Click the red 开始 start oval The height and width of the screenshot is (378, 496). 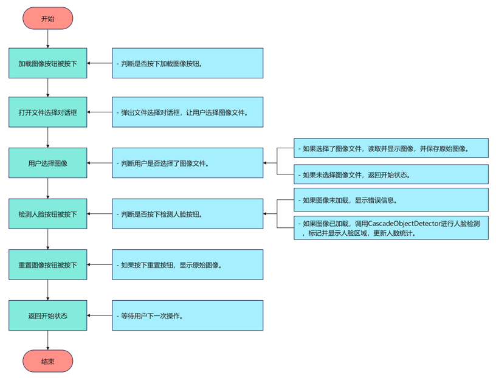tap(47, 19)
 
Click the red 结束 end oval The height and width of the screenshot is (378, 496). tap(47, 361)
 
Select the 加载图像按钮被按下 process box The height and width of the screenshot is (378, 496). tap(47, 63)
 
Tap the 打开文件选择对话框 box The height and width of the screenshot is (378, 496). tap(47, 112)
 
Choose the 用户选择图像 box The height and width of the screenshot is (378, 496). tap(47, 163)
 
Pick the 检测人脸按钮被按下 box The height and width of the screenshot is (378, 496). tap(47, 214)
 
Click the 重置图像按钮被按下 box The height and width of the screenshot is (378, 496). tap(47, 265)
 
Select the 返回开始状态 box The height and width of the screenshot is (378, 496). tap(47, 315)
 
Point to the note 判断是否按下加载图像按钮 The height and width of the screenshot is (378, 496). tap(187, 63)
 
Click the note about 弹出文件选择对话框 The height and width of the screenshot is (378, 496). tap(187, 112)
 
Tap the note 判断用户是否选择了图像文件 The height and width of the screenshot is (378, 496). tap(187, 163)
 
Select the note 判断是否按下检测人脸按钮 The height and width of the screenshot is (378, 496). tap(187, 214)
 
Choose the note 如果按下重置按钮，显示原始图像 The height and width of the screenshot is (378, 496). tap(187, 265)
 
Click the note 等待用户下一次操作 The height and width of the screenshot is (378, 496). tap(187, 315)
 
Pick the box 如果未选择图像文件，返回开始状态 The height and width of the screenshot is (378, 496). tap(391, 175)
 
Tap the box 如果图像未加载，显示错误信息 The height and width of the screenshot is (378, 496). tap(391, 200)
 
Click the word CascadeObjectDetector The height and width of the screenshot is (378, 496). tap(403, 224)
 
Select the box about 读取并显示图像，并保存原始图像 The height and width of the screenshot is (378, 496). tap(391, 148)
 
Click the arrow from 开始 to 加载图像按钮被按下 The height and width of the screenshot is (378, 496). tap(47, 38)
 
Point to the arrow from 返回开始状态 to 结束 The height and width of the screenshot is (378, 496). tap(47, 340)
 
